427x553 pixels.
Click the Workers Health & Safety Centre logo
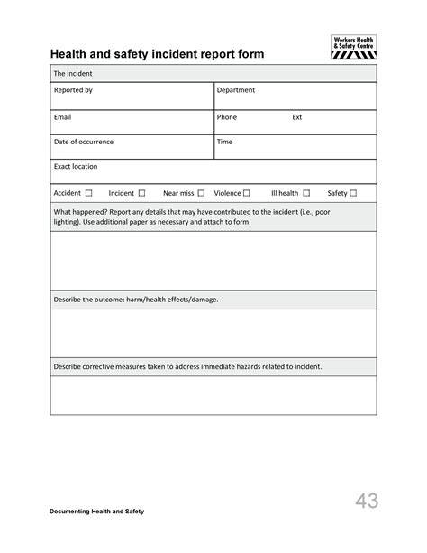(x=353, y=47)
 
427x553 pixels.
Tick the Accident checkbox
(x=89, y=193)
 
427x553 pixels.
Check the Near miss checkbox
(x=202, y=193)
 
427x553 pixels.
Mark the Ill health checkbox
(x=306, y=193)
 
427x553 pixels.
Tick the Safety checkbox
(x=353, y=193)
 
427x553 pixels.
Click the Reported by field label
(x=73, y=90)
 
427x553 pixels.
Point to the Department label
(x=236, y=90)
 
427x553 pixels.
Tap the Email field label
(x=62, y=116)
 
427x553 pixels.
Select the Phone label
(x=226, y=116)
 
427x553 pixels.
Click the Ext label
(x=297, y=116)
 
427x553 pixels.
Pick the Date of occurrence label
(x=84, y=142)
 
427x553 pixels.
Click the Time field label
(x=224, y=142)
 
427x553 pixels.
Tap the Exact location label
(x=76, y=167)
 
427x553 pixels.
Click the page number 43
(x=366, y=501)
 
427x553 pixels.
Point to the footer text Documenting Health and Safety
(x=96, y=512)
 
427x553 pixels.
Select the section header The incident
(x=73, y=73)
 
